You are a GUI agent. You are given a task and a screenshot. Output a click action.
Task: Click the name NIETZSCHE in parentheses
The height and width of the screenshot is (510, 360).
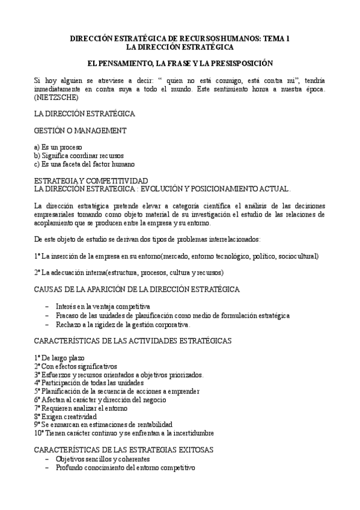tap(53, 97)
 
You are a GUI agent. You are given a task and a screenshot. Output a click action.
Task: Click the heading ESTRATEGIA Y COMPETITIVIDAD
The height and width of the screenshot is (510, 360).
tap(90, 180)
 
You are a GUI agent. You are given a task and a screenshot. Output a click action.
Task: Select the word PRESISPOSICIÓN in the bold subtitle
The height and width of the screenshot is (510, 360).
tap(239, 63)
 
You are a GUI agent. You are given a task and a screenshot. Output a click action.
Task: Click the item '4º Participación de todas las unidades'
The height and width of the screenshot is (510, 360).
tap(89, 382)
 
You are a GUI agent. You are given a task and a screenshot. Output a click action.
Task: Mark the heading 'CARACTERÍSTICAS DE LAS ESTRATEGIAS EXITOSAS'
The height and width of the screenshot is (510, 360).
tap(124, 449)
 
